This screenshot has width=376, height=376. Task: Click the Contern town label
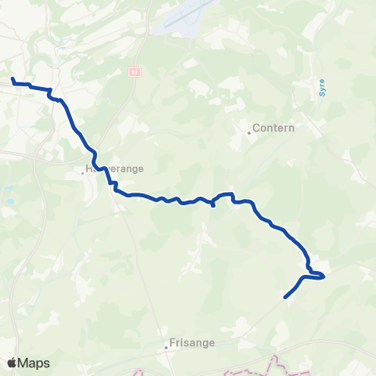pyautogui.click(x=274, y=129)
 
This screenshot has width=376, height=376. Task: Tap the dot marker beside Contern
pyautogui.click(x=249, y=132)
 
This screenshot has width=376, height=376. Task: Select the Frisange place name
pyautogui.click(x=193, y=342)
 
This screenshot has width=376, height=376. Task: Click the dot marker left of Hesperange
pyautogui.click(x=83, y=172)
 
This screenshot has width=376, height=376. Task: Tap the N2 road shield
pyautogui.click(x=135, y=71)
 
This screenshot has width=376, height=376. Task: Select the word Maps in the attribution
pyautogui.click(x=34, y=363)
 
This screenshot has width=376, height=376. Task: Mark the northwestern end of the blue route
pyautogui.click(x=13, y=79)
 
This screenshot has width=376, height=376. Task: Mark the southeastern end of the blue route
pyautogui.click(x=285, y=298)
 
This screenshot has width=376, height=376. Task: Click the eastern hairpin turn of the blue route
pyautogui.click(x=322, y=275)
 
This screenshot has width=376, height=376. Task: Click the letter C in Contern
pyautogui.click(x=257, y=129)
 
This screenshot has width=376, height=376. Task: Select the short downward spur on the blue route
pyautogui.click(x=213, y=205)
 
